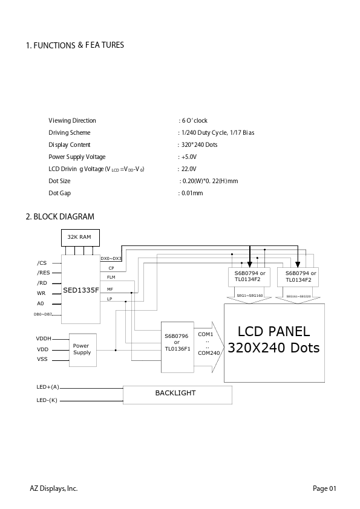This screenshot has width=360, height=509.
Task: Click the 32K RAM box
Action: pyautogui.click(x=80, y=238)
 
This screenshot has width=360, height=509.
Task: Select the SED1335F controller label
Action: pyautogui.click(x=81, y=290)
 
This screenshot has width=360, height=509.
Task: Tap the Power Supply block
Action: pyautogui.click(x=83, y=350)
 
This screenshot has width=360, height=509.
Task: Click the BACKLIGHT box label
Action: pyautogui.click(x=175, y=393)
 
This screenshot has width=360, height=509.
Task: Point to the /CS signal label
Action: pyautogui.click(x=42, y=263)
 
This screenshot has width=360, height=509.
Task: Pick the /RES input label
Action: pyautogui.click(x=43, y=273)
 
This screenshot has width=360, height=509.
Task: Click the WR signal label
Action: pyautogui.click(x=41, y=293)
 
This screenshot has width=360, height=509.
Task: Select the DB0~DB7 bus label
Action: pyautogui.click(x=42, y=314)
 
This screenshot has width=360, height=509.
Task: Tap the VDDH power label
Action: pyautogui.click(x=44, y=339)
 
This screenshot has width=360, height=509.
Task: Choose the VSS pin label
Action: pyautogui.click(x=42, y=359)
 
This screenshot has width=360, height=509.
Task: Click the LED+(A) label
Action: pyautogui.click(x=48, y=387)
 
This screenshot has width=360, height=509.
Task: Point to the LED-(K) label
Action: pyautogui.click(x=47, y=400)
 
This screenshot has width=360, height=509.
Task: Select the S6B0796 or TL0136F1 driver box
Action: pyautogui.click(x=177, y=347)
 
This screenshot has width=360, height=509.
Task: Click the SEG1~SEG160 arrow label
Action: pyautogui.click(x=249, y=296)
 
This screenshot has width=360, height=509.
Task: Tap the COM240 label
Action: pyautogui.click(x=209, y=353)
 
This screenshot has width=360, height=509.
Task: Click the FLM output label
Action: pyautogui.click(x=111, y=277)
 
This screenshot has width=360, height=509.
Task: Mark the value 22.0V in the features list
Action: pyautogui.click(x=189, y=169)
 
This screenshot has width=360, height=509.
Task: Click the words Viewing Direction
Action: pyautogui.click(x=72, y=121)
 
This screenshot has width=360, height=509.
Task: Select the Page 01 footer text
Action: pyautogui.click(x=324, y=488)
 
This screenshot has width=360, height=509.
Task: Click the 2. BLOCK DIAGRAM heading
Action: pyautogui.click(x=60, y=216)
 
